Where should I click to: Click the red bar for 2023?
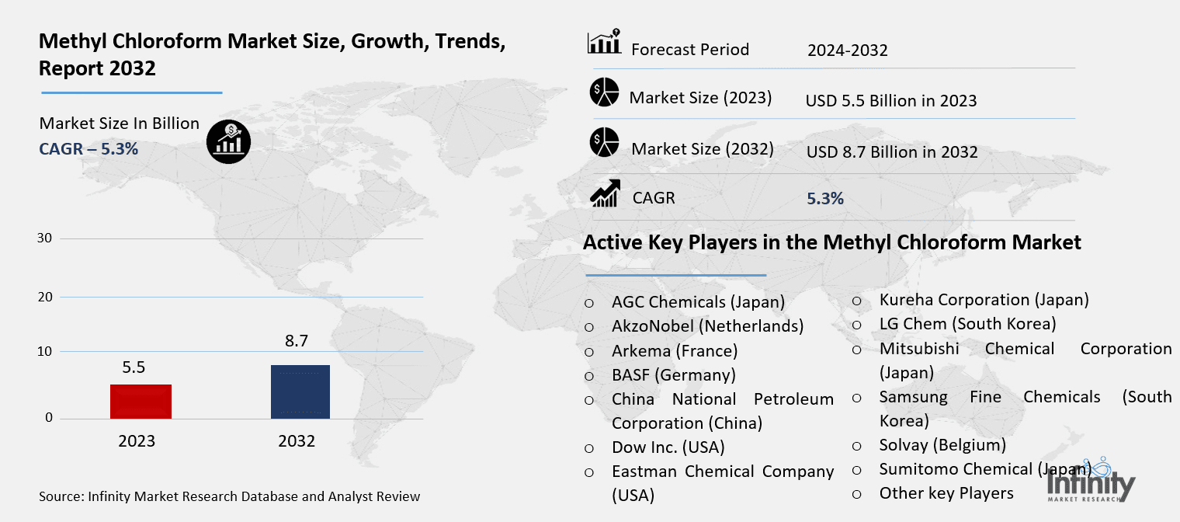[141, 402]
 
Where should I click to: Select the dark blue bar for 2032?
[300, 391]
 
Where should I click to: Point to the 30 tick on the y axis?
[45, 238]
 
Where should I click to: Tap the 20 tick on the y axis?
[45, 297]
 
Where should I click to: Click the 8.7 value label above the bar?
[296, 341]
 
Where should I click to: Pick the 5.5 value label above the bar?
[134, 367]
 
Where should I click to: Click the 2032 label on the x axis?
[297, 440]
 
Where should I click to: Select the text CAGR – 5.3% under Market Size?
[88, 149]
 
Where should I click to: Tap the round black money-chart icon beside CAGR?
[228, 141]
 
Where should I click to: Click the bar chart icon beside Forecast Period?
[604, 42]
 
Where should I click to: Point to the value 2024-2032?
[848, 50]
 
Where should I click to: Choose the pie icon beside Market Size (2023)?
[604, 92]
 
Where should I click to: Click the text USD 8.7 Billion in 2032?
[892, 151]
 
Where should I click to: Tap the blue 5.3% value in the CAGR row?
[825, 198]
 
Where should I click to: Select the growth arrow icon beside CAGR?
[605, 193]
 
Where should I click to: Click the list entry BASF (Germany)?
[674, 375]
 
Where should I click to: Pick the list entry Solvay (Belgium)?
[942, 445]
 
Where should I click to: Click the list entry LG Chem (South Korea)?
[968, 324]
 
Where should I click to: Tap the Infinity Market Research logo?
[1091, 481]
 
